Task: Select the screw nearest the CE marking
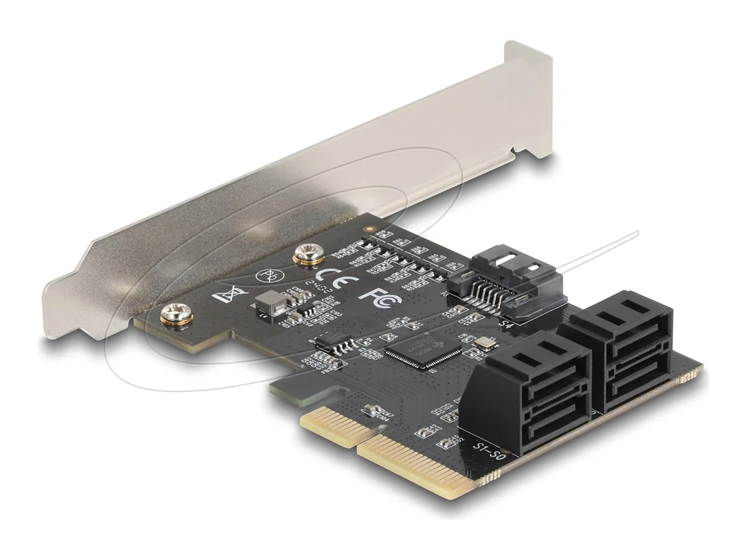pos(305,254)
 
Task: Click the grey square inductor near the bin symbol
pos(266,303)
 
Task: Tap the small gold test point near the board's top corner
pos(372,229)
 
